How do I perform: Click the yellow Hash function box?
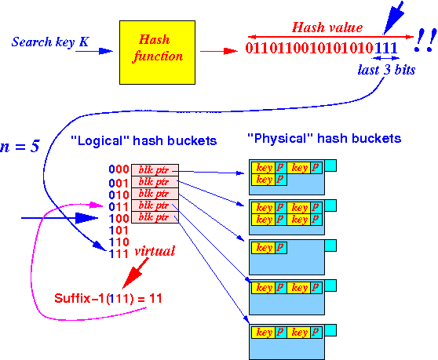pyautogui.click(x=157, y=53)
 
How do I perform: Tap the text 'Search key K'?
pyautogui.click(x=50, y=42)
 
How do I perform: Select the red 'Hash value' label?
pyautogui.click(x=327, y=27)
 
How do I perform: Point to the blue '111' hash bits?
pyautogui.click(x=385, y=48)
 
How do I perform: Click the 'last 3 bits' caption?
pyautogui.click(x=387, y=70)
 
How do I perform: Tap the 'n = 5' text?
pyautogui.click(x=20, y=147)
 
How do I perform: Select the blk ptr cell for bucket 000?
pyautogui.click(x=155, y=170)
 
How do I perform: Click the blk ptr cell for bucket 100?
pyautogui.click(x=155, y=217)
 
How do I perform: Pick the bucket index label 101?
pyautogui.click(x=119, y=231)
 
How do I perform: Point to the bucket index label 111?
pyautogui.click(x=119, y=254)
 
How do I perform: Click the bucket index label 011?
pyautogui.click(x=119, y=207)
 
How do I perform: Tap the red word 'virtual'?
pyautogui.click(x=155, y=251)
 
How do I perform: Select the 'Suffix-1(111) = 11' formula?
pyautogui.click(x=108, y=298)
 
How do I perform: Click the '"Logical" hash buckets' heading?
pyautogui.click(x=144, y=140)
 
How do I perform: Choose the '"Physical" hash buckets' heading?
pyautogui.click(x=324, y=138)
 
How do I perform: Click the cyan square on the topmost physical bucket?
pyautogui.click(x=330, y=165)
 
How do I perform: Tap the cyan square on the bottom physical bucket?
pyautogui.click(x=330, y=330)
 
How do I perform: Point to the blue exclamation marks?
pyautogui.click(x=425, y=41)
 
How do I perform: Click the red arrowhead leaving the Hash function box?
pyautogui.click(x=231, y=51)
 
